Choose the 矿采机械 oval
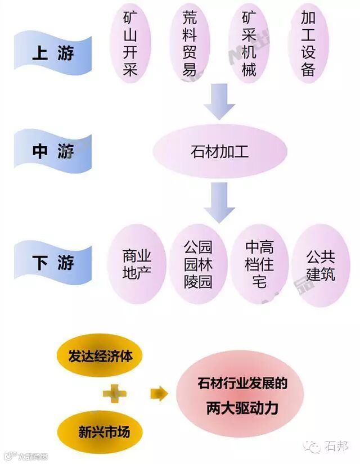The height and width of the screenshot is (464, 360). click(x=249, y=43)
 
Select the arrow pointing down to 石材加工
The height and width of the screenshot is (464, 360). click(x=220, y=100)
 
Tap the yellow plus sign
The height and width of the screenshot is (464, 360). click(x=114, y=394)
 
